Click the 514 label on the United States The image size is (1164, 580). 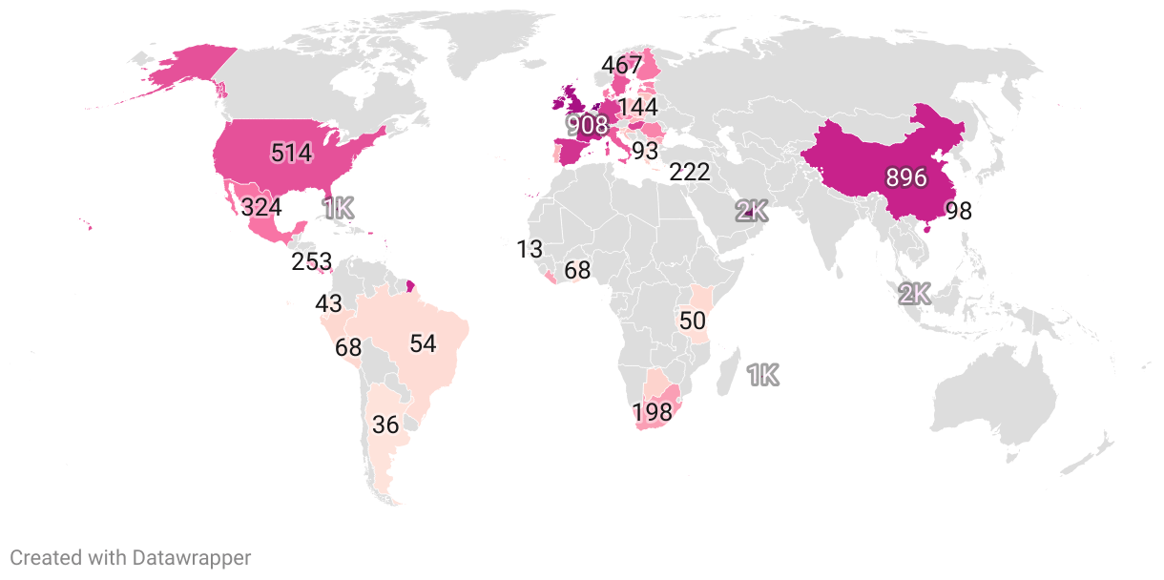tap(292, 153)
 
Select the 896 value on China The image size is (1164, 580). tap(906, 177)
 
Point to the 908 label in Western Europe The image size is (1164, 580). tap(587, 125)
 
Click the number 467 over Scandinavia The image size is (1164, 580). tap(622, 66)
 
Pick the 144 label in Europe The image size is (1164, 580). tap(637, 107)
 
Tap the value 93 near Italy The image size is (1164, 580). tap(645, 151)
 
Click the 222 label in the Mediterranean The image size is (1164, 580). tap(689, 173)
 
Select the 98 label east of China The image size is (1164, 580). tap(958, 211)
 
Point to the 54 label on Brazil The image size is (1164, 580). tap(423, 343)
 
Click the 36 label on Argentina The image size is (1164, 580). tap(385, 425)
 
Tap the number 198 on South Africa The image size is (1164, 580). tap(653, 413)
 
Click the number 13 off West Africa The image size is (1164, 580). tap(530, 250)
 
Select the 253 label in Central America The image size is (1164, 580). tap(312, 261)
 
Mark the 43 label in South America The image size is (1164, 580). tap(328, 304)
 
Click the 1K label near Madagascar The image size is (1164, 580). tap(763, 376)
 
